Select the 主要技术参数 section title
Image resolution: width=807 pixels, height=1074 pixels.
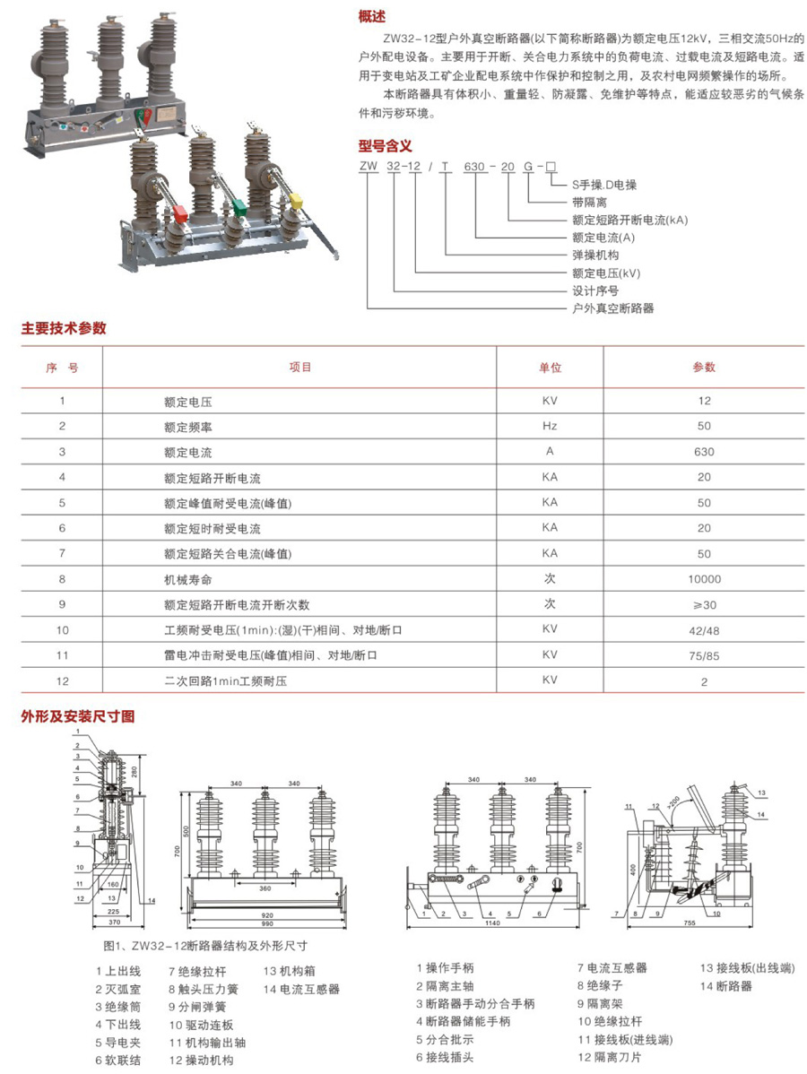[x=64, y=328]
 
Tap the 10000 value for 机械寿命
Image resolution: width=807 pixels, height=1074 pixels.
[x=704, y=579]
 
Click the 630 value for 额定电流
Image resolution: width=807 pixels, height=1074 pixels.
[x=704, y=452]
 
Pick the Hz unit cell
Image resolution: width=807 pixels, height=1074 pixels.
[x=550, y=426]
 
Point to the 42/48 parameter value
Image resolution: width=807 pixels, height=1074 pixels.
[x=704, y=630]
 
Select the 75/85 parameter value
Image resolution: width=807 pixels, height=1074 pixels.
[x=704, y=655]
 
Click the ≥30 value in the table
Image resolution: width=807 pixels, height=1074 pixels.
[x=704, y=604]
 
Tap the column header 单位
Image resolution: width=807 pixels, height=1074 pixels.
[x=550, y=368]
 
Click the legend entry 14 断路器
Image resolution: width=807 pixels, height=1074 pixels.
[x=726, y=986]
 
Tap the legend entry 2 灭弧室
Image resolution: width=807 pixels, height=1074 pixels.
[x=119, y=989]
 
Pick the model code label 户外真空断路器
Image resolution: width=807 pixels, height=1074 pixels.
[x=613, y=307]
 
